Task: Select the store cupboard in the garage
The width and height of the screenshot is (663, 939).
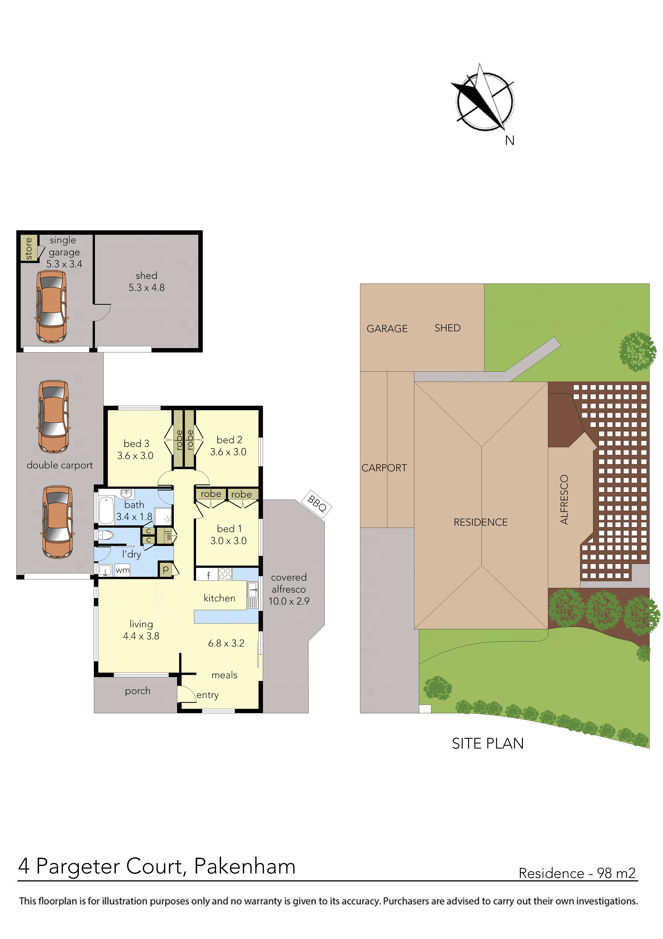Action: pyautogui.click(x=29, y=248)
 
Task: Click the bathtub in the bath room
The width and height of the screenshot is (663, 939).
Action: pyautogui.click(x=106, y=510)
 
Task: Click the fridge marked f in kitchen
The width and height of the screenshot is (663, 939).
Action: pyautogui.click(x=208, y=575)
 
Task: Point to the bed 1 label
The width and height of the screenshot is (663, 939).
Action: pyautogui.click(x=229, y=529)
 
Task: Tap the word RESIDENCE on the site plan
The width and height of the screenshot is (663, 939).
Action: pyautogui.click(x=480, y=522)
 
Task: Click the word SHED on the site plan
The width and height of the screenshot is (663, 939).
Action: pyautogui.click(x=447, y=328)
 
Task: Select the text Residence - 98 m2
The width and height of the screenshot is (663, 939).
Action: pyautogui.click(x=577, y=873)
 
